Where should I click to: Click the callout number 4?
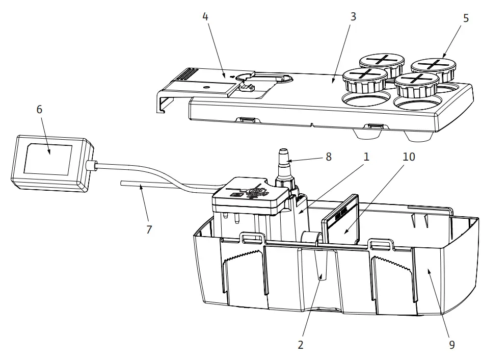click(205, 16)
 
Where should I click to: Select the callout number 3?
click(353, 16)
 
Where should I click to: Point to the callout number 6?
click(39, 109)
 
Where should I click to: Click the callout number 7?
click(149, 230)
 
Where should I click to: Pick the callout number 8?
click(328, 157)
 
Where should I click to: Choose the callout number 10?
click(408, 157)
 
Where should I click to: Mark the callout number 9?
click(451, 345)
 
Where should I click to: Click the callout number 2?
click(301, 345)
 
